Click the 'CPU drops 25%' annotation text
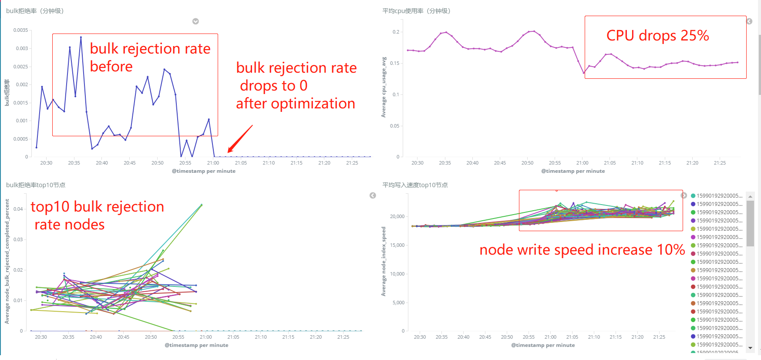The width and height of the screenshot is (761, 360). pos(657,36)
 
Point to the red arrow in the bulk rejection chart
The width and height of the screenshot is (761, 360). pos(240,139)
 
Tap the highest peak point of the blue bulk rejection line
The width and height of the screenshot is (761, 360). pos(81,37)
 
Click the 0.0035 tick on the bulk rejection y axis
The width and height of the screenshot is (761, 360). pos(20,30)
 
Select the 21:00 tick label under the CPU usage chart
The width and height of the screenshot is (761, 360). pos(582,163)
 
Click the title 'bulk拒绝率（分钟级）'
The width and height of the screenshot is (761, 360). pos(35,11)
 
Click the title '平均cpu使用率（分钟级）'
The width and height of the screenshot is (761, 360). pos(416,11)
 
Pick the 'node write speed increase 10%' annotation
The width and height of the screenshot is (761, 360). pos(582,250)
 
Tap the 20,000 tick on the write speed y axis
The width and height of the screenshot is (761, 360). pos(397,216)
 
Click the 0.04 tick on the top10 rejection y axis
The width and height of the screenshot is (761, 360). pos(18,209)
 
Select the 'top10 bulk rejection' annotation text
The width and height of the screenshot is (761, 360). pos(97,207)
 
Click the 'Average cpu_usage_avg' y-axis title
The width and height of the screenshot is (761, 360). pos(384,87)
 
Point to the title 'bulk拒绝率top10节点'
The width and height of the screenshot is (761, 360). pos(36,185)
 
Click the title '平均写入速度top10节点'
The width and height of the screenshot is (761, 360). pos(415,185)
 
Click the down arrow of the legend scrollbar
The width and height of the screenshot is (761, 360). pos(750,348)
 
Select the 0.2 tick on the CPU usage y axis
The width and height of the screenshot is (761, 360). pos(396,32)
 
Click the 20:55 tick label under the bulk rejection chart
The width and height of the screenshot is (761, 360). pos(185,163)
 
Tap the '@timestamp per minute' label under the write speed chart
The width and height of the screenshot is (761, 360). pos(543,345)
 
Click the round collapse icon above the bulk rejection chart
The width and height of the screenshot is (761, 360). pos(195,21)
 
